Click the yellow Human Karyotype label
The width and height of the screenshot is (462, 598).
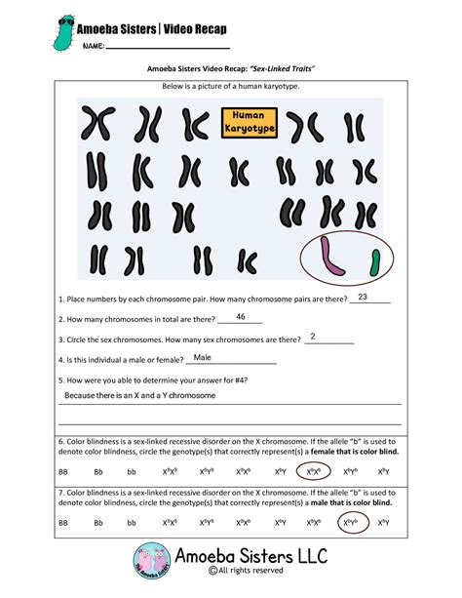point(250,122)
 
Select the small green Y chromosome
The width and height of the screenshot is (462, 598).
point(374,259)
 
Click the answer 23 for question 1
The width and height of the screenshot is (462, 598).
point(364,297)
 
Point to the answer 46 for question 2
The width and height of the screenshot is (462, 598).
point(241,317)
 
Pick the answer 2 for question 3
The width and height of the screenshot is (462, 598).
point(313,337)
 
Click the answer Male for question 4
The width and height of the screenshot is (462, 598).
point(203,358)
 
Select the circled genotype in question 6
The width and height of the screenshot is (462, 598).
point(313,470)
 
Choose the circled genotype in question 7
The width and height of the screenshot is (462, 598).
point(352,523)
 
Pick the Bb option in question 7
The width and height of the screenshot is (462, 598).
point(97,524)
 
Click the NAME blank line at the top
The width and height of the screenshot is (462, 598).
point(167,46)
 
